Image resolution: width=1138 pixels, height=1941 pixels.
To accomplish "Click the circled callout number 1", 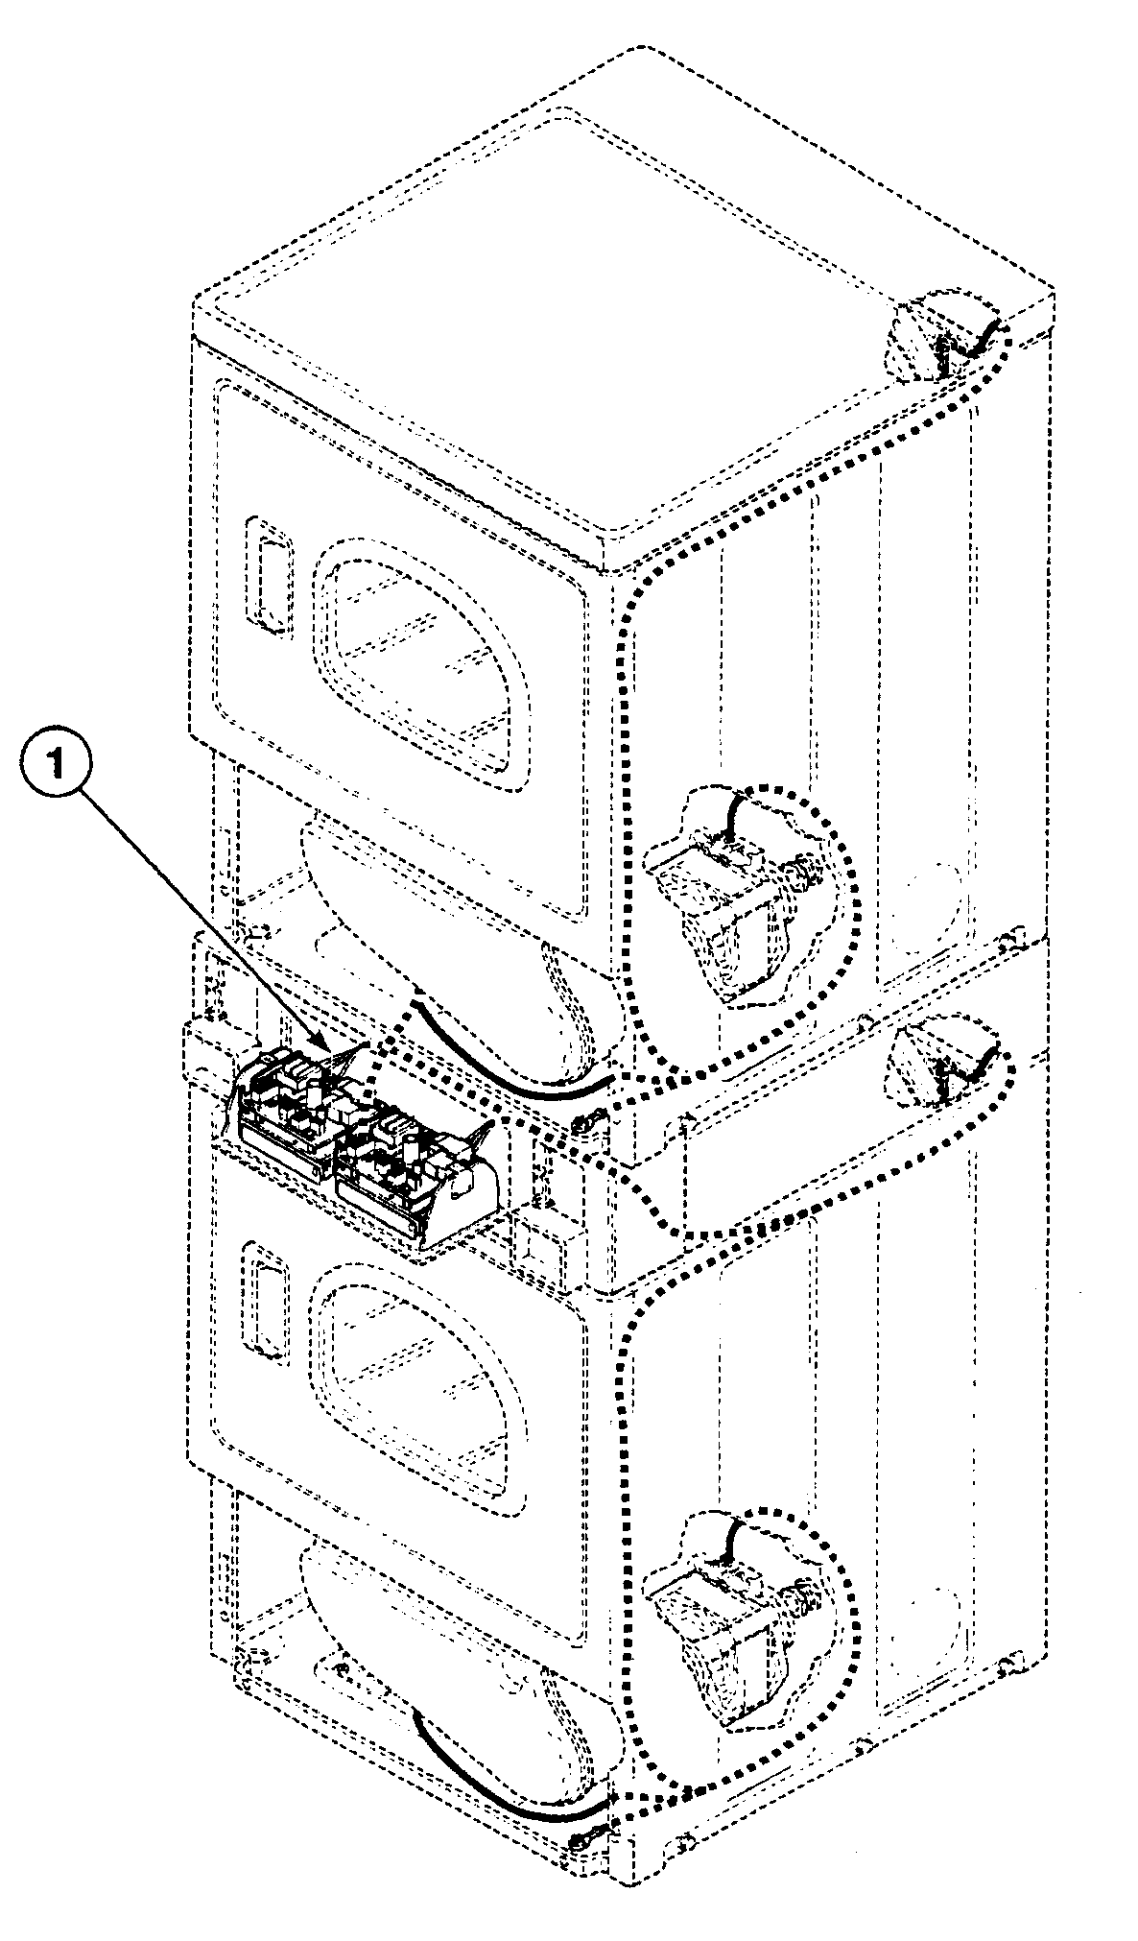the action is point(59,766).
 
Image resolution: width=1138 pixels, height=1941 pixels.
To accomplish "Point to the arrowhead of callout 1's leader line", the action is point(332,1052).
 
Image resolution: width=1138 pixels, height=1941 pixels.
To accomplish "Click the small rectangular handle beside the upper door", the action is point(267,576).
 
